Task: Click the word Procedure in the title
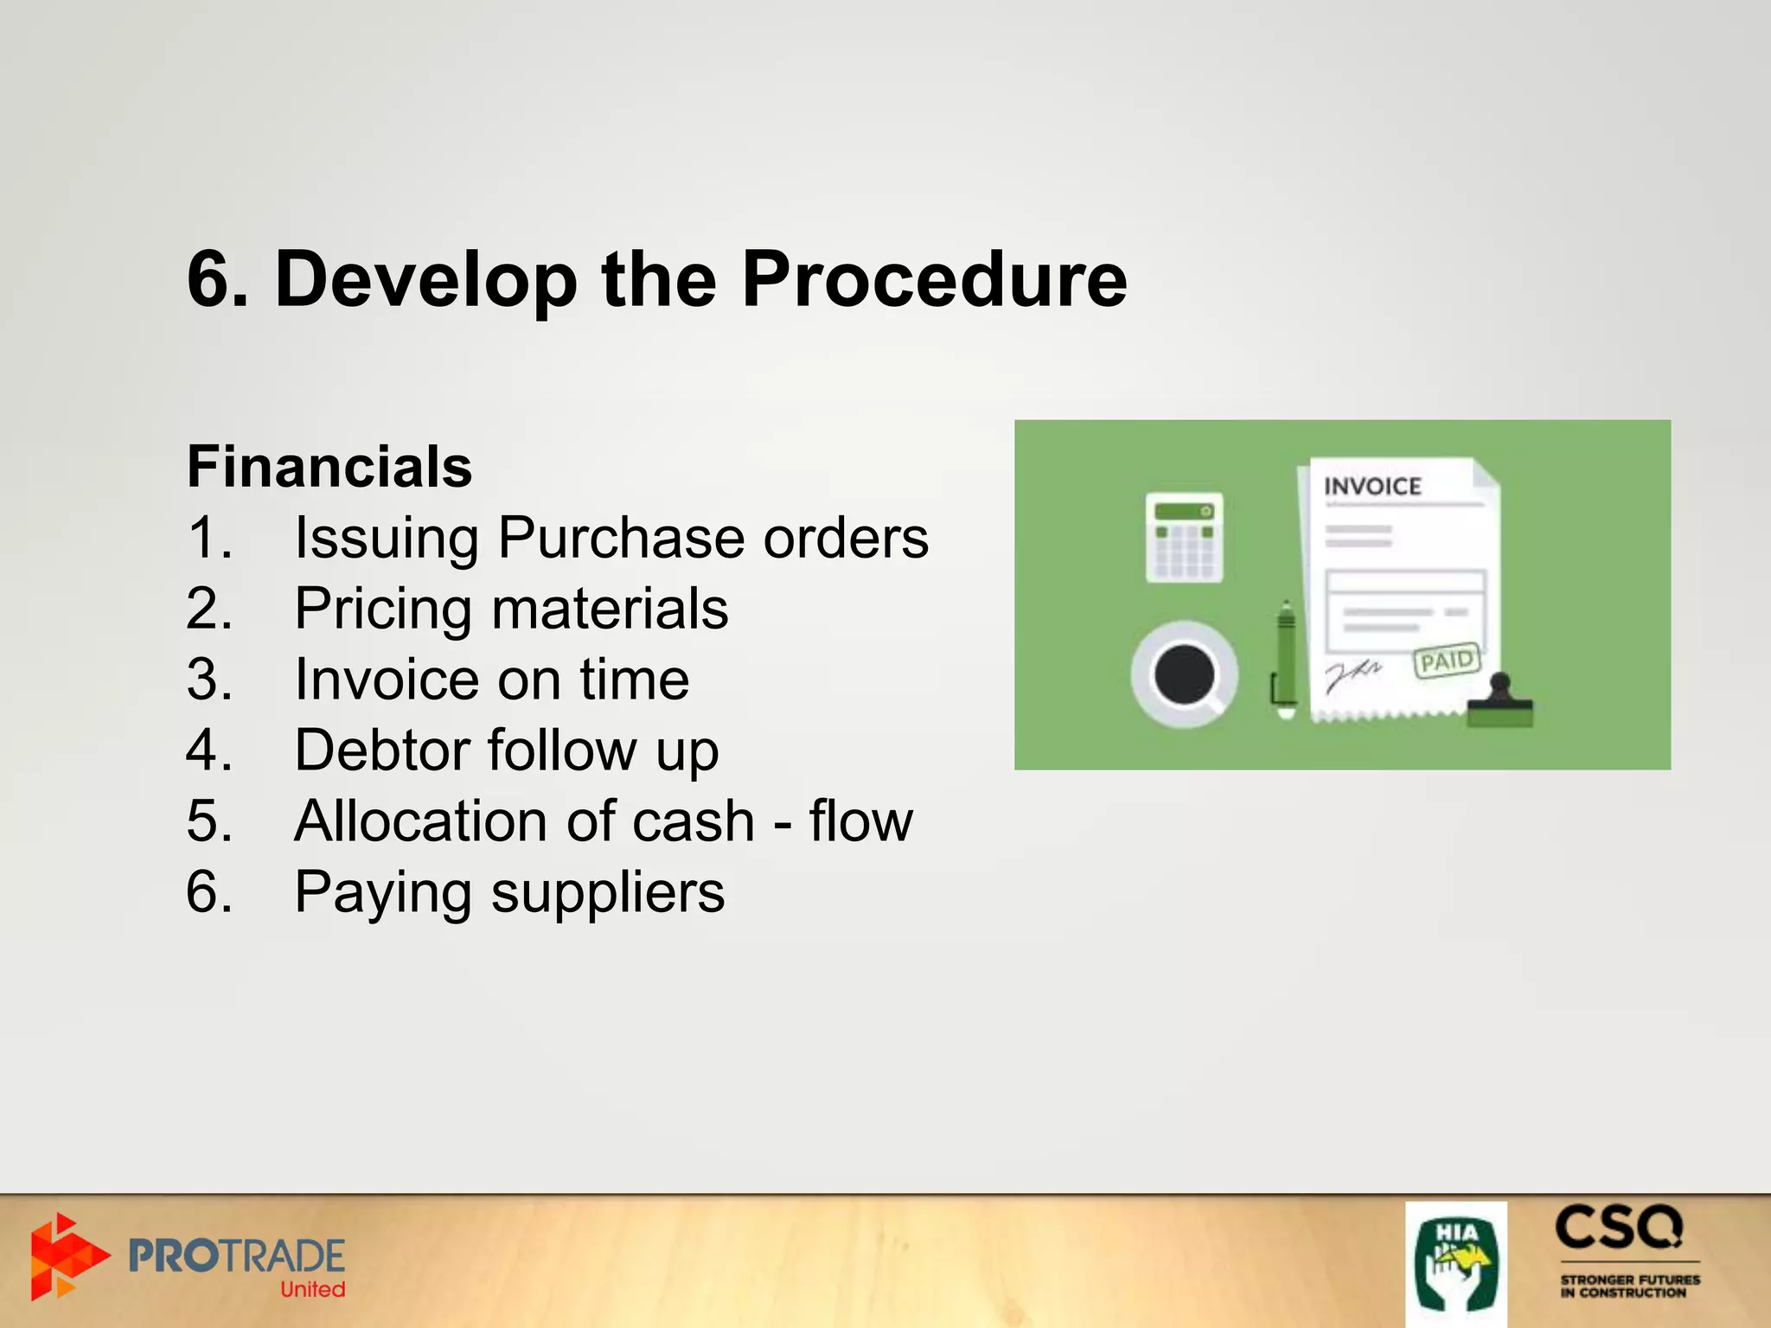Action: tap(934, 279)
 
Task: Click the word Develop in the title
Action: tap(425, 279)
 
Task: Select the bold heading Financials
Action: tap(329, 467)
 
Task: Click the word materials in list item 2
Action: tap(610, 609)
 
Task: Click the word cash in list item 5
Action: tap(693, 820)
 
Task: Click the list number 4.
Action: tap(208, 750)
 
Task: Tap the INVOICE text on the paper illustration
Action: tap(1372, 487)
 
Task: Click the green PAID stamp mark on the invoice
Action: tap(1447, 661)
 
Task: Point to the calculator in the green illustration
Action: tap(1184, 537)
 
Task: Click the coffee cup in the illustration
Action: tap(1184, 674)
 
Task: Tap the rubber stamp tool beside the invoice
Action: tap(1500, 702)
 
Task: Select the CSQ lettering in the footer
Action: tap(1619, 1228)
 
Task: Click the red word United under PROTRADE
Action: tap(312, 1289)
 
